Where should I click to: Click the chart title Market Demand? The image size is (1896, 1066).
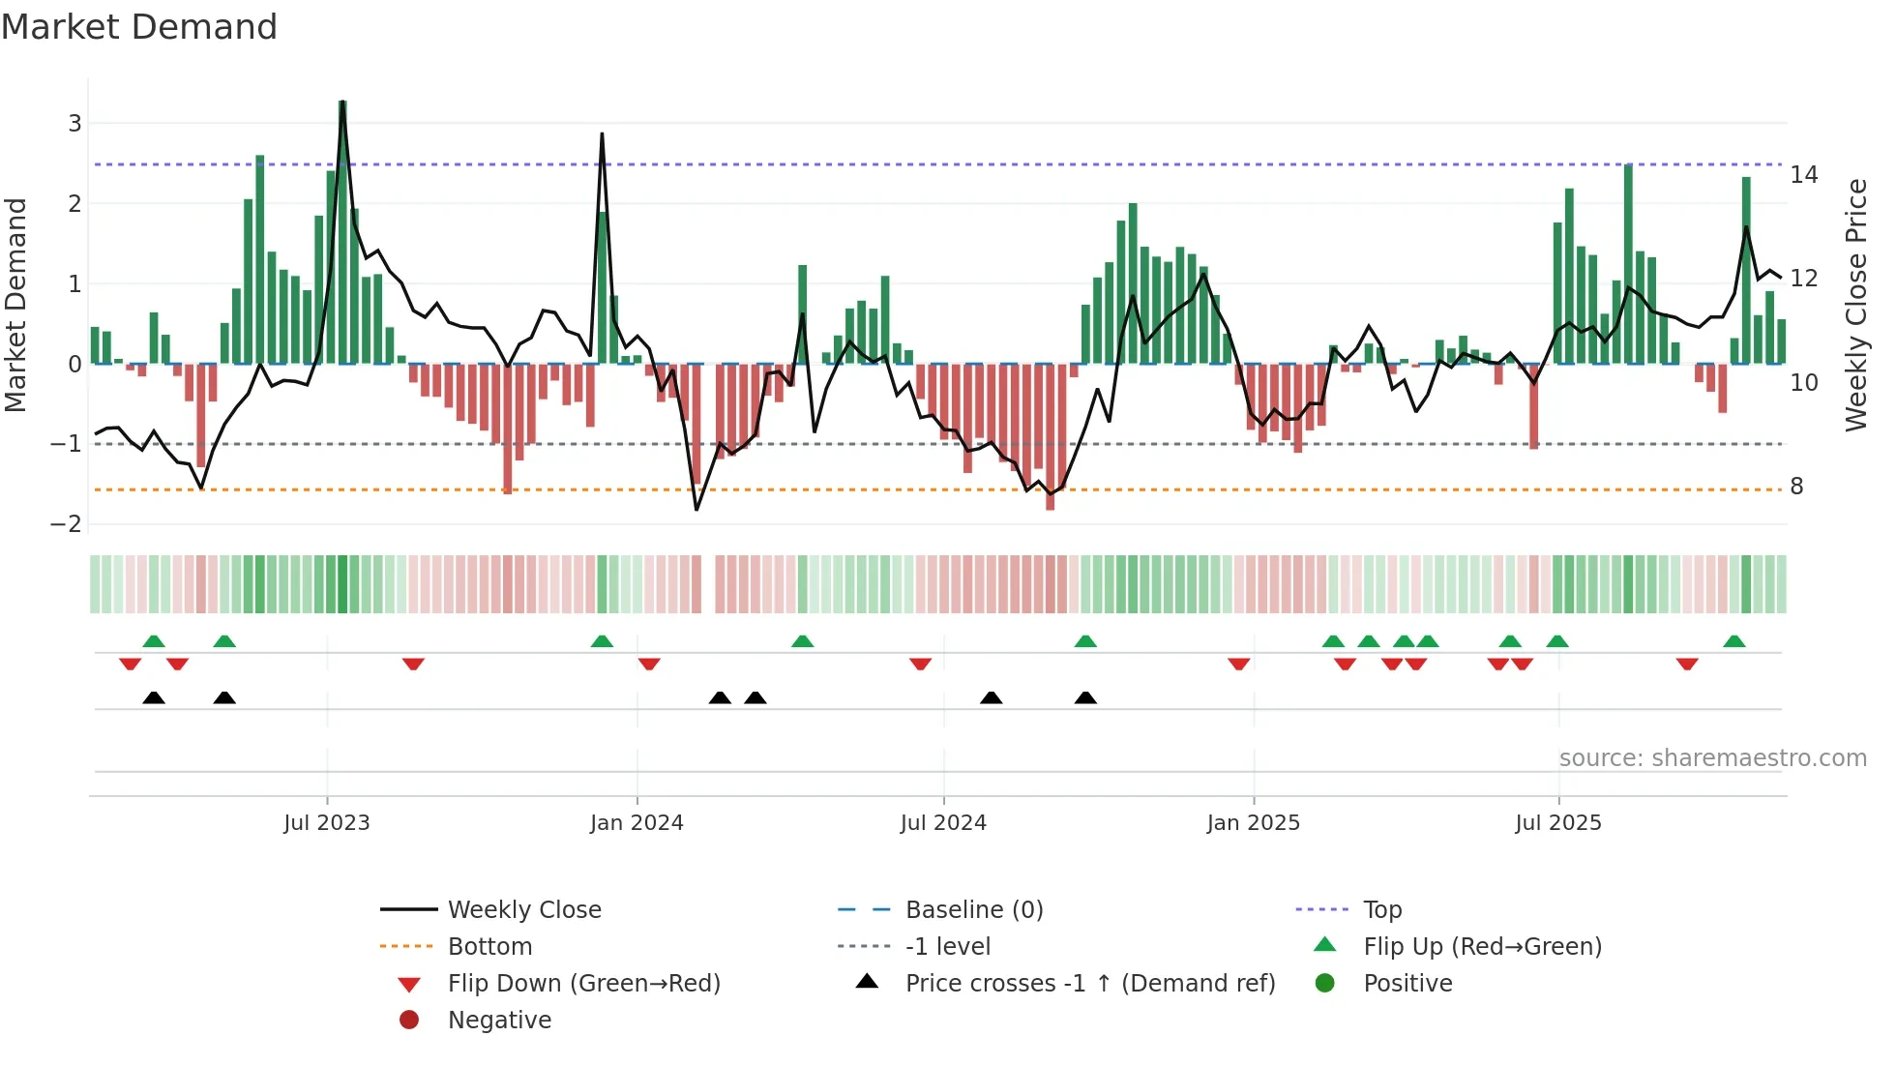[x=139, y=27]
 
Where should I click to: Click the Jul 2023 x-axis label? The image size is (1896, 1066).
[x=326, y=823]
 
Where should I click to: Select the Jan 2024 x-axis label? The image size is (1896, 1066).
[x=637, y=823]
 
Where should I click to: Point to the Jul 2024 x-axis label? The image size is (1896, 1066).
[x=943, y=823]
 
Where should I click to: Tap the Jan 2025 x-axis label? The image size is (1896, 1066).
[x=1254, y=823]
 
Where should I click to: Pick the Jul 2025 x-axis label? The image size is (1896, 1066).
[x=1558, y=823]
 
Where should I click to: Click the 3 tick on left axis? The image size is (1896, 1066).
[x=74, y=124]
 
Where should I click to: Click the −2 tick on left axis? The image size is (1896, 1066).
[x=67, y=524]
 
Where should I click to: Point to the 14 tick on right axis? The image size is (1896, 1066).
[x=1804, y=175]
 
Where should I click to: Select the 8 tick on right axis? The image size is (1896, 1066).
[x=1796, y=487]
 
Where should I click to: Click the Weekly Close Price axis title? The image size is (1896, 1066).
[x=1856, y=305]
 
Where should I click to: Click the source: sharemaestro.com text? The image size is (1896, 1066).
[x=1712, y=758]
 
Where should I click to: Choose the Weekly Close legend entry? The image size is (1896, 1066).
[x=523, y=910]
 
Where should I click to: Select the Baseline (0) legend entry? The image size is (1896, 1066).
[x=973, y=910]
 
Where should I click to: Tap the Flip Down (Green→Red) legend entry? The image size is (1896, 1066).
[x=583, y=984]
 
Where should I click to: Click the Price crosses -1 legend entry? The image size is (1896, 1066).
[x=1089, y=984]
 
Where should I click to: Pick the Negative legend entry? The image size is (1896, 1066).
[x=499, y=1021]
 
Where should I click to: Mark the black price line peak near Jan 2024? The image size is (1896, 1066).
[x=602, y=134]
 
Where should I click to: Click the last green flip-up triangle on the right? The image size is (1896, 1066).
[x=1734, y=641]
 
